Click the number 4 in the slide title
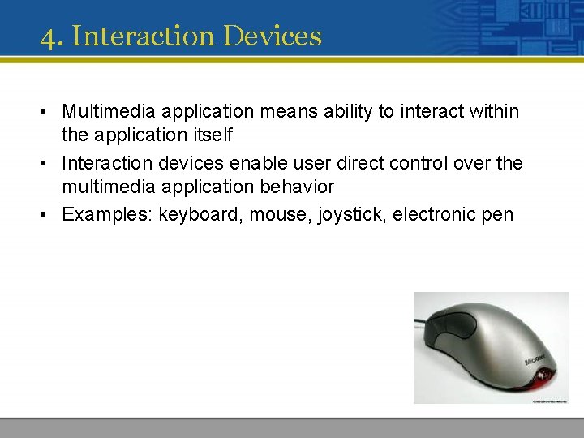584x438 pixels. click(x=49, y=37)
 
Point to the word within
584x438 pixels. click(x=492, y=111)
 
